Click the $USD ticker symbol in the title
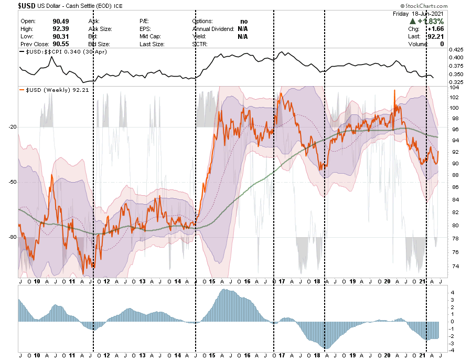[x=12, y=6]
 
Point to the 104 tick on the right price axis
[x=454, y=88]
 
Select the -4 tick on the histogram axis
[x=452, y=351]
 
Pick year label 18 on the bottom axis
[x=317, y=355]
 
